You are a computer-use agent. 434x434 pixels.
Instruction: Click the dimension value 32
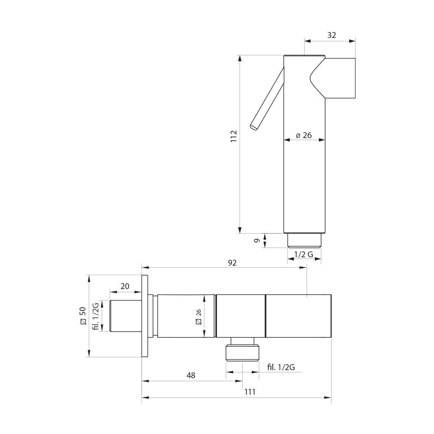[x=331, y=35]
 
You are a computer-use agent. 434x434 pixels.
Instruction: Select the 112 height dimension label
[x=234, y=136]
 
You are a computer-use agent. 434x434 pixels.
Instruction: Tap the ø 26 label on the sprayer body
[x=303, y=135]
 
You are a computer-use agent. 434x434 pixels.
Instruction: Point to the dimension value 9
[x=257, y=241]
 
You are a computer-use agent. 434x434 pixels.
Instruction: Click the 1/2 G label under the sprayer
[x=303, y=254]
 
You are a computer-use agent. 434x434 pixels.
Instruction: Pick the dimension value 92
[x=232, y=263]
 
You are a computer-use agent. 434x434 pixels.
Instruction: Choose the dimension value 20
[x=125, y=286]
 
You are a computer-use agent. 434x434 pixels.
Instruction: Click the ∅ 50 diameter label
[x=83, y=316]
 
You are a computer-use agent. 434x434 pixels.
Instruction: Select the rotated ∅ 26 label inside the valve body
[x=198, y=317]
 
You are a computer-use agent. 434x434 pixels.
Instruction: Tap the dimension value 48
[x=191, y=376]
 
